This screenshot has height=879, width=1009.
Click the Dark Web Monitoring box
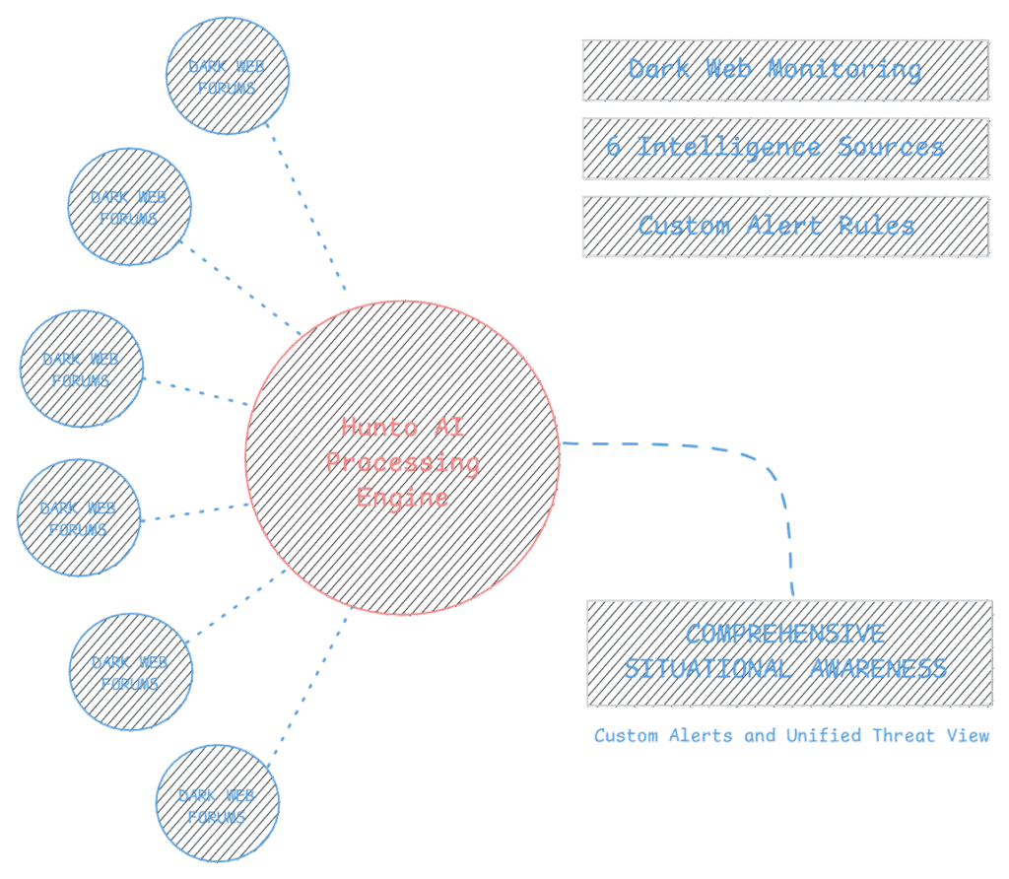click(x=784, y=70)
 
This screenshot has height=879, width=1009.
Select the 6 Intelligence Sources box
click(x=784, y=148)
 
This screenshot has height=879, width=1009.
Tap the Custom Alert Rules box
click(x=784, y=226)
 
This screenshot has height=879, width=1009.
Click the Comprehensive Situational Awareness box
click(x=788, y=652)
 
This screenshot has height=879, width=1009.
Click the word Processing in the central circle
click(x=403, y=462)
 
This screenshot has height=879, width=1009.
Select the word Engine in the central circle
click(x=403, y=497)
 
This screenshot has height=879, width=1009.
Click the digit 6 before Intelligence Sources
click(x=614, y=148)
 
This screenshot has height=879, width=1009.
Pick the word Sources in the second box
click(x=891, y=148)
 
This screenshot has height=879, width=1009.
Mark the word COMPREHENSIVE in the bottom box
click(x=785, y=634)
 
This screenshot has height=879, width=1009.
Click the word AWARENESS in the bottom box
click(x=879, y=669)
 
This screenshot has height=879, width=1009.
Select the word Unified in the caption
click(x=826, y=735)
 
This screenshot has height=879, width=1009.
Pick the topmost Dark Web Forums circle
click(x=228, y=75)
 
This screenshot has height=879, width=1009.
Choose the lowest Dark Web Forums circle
click(x=217, y=804)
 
